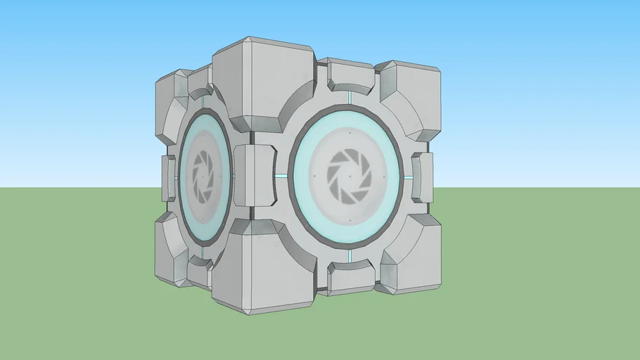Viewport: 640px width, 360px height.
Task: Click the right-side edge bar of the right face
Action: (422, 177)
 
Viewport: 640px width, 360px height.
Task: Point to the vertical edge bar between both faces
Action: (254, 176)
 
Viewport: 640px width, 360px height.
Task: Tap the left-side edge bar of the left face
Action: (169, 178)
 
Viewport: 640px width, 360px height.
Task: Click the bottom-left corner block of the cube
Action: (171, 250)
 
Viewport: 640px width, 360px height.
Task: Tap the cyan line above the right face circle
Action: (350, 96)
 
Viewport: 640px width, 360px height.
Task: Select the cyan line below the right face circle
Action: (350, 256)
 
